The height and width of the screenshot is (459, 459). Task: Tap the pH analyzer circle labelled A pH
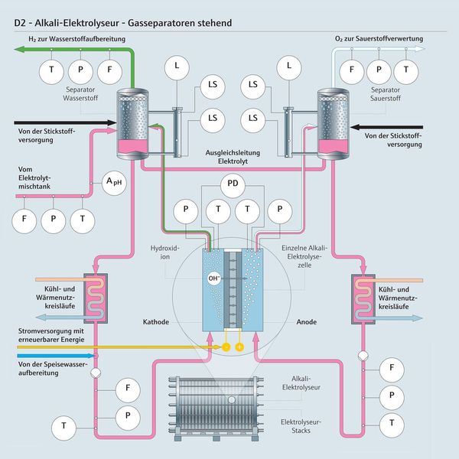(x=114, y=183)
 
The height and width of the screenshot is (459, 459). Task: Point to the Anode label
(x=307, y=322)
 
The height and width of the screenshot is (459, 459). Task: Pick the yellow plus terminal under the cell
(x=239, y=347)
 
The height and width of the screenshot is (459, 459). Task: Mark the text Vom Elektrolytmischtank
(x=38, y=174)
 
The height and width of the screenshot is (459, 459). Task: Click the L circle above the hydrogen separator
(x=177, y=67)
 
